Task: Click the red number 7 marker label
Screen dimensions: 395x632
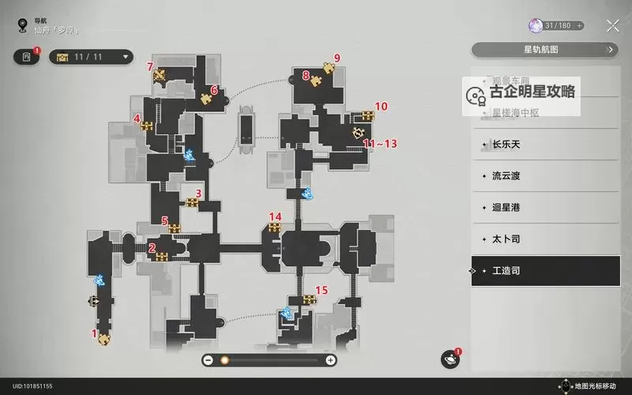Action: pyautogui.click(x=150, y=66)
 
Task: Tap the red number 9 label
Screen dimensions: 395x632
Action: pyautogui.click(x=337, y=58)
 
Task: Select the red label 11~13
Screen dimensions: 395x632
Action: pyautogui.click(x=380, y=143)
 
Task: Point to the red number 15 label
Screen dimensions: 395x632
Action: pyautogui.click(x=322, y=290)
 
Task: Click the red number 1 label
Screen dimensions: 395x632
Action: pyautogui.click(x=95, y=333)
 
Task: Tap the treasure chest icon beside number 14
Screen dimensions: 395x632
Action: pyautogui.click(x=274, y=228)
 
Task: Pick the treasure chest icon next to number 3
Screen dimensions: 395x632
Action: pyautogui.click(x=192, y=202)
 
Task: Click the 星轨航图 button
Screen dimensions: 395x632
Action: pyautogui.click(x=545, y=50)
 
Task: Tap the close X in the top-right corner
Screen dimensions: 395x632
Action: pyautogui.click(x=612, y=25)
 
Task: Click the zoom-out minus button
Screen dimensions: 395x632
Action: pyautogui.click(x=208, y=360)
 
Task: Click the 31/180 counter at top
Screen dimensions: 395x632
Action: pyautogui.click(x=557, y=26)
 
